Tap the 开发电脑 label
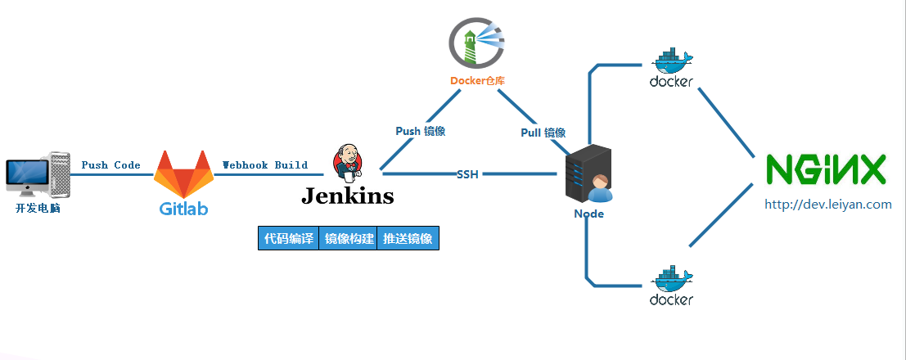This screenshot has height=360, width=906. point(38,209)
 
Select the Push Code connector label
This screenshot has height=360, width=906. point(110,165)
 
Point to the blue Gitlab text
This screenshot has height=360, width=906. point(184,209)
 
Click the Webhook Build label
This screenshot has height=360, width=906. point(265,165)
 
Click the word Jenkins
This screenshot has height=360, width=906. point(348,196)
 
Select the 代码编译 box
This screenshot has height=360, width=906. point(288,238)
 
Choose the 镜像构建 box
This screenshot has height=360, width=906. point(348,238)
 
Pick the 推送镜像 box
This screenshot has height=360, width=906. point(408,238)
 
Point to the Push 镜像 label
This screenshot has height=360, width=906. point(421,131)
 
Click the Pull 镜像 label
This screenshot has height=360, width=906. point(543,133)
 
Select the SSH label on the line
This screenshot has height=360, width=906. point(467,173)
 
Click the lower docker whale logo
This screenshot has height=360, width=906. point(671,285)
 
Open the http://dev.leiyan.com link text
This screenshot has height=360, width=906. point(827,205)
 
